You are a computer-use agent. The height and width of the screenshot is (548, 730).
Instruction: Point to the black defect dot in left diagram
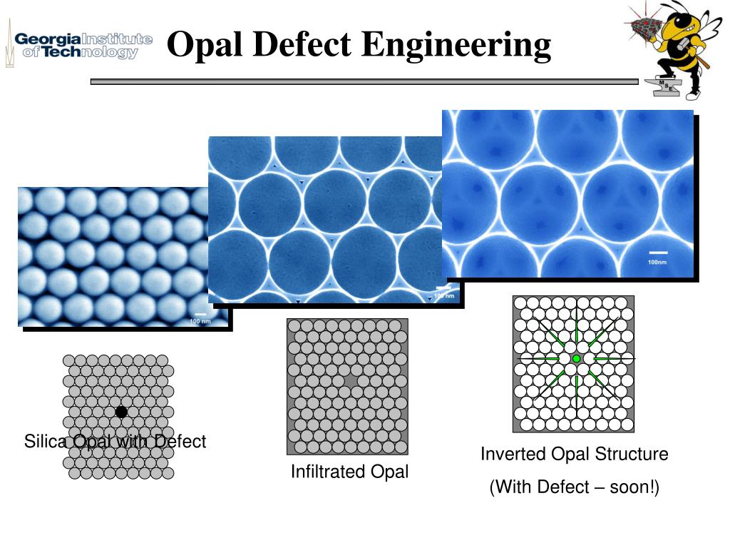coord(121,412)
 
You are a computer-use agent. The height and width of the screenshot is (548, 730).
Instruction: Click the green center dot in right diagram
coord(576,358)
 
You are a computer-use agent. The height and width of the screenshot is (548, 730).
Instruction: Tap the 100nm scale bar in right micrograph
coord(658,253)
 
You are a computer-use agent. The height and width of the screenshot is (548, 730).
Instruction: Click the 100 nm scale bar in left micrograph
coord(200,314)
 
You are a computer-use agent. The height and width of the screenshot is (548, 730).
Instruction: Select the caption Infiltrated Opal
coord(349,472)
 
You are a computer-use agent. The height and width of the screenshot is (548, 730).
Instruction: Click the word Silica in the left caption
coord(44,442)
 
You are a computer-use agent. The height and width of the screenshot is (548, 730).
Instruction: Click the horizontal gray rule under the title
coord(364,82)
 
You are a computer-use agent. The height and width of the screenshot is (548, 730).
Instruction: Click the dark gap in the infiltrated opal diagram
coord(350,382)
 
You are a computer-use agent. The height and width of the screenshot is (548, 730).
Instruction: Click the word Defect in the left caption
coord(180,442)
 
